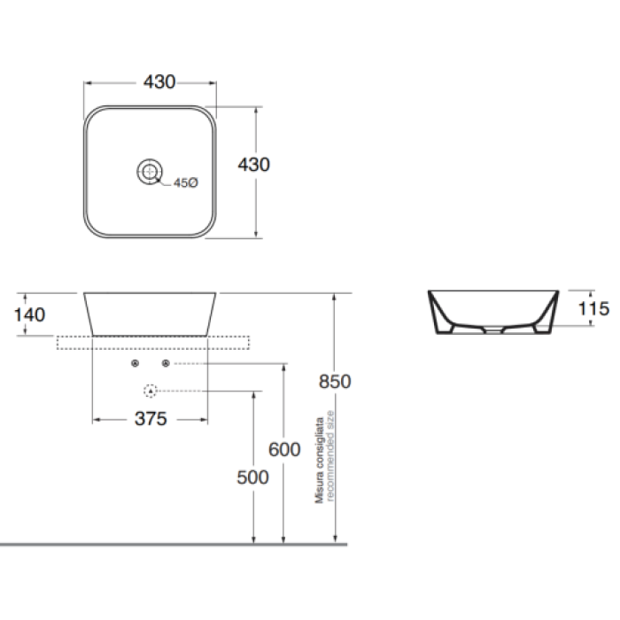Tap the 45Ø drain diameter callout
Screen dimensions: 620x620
tap(186, 182)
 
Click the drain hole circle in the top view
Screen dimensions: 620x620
tap(150, 172)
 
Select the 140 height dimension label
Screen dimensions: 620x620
tap(29, 314)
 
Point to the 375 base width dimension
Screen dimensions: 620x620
tap(151, 419)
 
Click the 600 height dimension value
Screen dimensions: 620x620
tap(284, 450)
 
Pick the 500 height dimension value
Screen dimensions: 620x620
tap(252, 477)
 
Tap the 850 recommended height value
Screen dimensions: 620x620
tap(335, 382)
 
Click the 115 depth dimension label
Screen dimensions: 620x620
tap(593, 308)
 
